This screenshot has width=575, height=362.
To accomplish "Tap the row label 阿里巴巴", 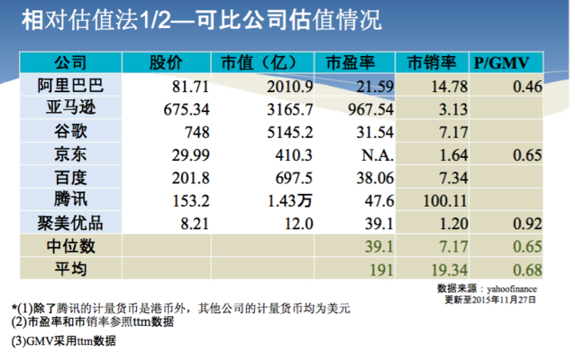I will (x=71, y=87).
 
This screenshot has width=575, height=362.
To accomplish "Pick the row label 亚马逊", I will (x=71, y=109).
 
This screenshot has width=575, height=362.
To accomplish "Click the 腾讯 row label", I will (x=71, y=200).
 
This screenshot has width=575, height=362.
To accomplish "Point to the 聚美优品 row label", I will (x=71, y=222).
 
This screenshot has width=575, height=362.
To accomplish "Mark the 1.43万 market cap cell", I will (x=287, y=200).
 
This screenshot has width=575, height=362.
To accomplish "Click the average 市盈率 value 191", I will (x=377, y=268).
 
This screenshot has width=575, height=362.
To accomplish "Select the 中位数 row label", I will (x=71, y=245).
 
